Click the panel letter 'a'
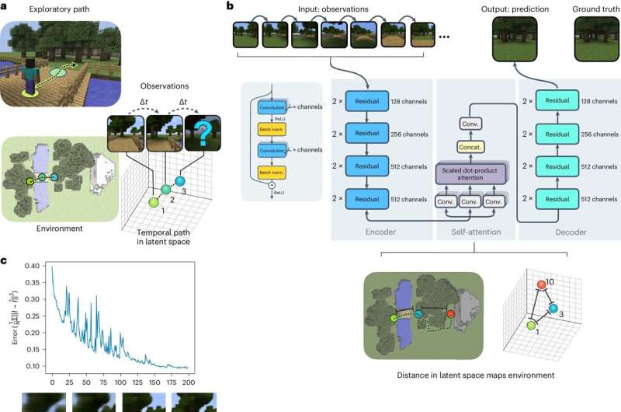5,6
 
